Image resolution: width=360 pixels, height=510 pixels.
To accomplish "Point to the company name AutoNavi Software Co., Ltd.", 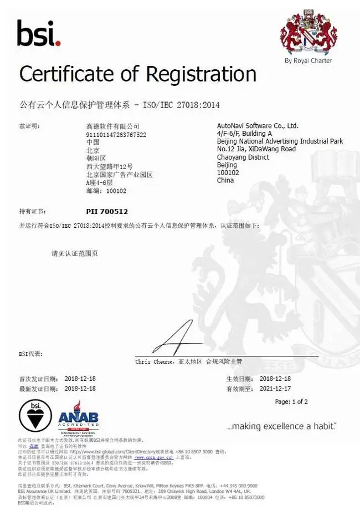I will pos(258,126).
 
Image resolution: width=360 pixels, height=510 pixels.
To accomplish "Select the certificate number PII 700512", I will pos(107,211).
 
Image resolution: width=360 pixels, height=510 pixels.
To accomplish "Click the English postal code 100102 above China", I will pos(227,172).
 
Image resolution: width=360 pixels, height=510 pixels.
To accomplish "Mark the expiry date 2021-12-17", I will pos(279,389).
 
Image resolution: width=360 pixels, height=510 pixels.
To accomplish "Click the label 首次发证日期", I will pos(38,379).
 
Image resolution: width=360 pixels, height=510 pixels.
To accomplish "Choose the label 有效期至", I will pos(238,389).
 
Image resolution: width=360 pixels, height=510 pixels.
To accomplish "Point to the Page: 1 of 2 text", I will pos(291,401).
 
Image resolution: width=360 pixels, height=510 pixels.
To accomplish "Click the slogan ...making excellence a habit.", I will pos(281,426).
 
